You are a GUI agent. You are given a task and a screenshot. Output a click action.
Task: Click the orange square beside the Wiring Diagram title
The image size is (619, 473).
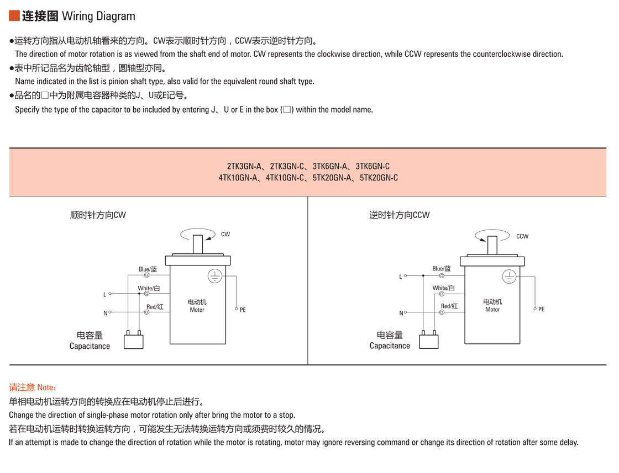pyautogui.click(x=15, y=16)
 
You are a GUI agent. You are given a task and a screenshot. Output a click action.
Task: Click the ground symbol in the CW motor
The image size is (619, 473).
pyautogui.click(x=214, y=276)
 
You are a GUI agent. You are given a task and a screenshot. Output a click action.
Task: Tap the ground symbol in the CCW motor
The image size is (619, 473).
pyautogui.click(x=510, y=277)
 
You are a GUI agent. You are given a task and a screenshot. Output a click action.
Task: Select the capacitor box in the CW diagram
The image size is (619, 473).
pyautogui.click(x=133, y=342)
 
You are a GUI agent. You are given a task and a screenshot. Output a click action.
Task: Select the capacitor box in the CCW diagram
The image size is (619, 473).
pyautogui.click(x=428, y=342)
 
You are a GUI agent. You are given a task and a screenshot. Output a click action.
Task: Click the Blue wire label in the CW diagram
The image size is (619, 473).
pyautogui.click(x=148, y=269)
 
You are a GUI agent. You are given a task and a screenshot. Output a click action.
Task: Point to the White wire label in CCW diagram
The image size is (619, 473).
pyautogui.click(x=443, y=288)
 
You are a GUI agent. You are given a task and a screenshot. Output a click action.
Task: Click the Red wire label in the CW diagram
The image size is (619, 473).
pyautogui.click(x=155, y=307)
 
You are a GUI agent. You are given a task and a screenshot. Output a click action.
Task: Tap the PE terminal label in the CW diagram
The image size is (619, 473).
pyautogui.click(x=243, y=310)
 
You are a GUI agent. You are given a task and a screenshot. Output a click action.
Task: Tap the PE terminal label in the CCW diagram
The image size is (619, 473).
pyautogui.click(x=541, y=309)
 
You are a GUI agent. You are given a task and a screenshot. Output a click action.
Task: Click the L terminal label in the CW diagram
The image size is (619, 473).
pyautogui.click(x=104, y=295)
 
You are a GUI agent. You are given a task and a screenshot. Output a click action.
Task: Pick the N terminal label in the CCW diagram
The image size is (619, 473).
pyautogui.click(x=401, y=313)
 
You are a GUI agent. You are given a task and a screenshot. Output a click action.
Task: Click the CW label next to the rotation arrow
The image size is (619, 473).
pyautogui.click(x=225, y=235)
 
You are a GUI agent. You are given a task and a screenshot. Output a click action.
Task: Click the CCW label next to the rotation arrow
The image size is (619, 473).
pyautogui.click(x=522, y=236)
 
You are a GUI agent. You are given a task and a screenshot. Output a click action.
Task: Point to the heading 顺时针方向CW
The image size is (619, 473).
pyautogui.click(x=98, y=215)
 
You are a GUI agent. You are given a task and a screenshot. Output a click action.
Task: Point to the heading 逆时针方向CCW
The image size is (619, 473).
pyautogui.click(x=399, y=215)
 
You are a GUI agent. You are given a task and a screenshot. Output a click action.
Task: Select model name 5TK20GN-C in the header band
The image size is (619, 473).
pyautogui.click(x=379, y=178)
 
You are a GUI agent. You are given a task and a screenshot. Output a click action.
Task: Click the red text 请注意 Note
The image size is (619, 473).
pyautogui.click(x=33, y=387)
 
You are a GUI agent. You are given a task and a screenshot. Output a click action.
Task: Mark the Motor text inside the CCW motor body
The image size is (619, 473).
pyautogui.click(x=492, y=310)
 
